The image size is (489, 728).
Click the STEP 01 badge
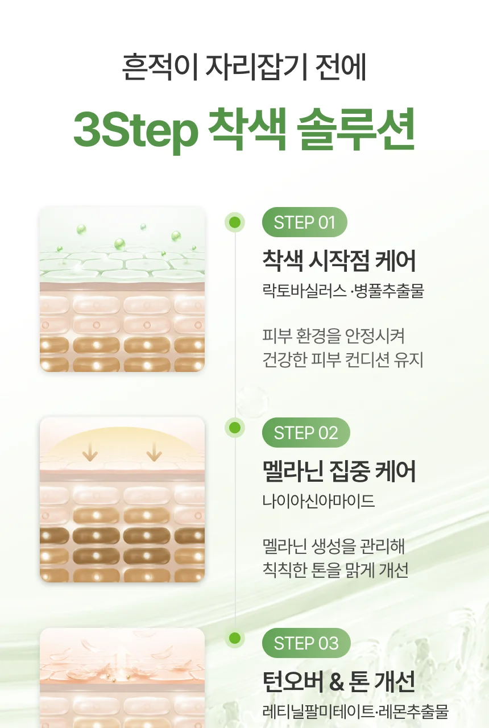(x=304, y=222)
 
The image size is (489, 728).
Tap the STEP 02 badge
(x=306, y=433)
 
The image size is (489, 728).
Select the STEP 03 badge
(x=306, y=643)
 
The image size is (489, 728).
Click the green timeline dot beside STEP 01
(x=235, y=222)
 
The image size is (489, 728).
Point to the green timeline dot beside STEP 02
(x=235, y=428)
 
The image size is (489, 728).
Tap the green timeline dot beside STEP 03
(x=235, y=638)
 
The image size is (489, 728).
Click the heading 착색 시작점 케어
(x=339, y=260)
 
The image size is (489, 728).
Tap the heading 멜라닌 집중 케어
(x=339, y=471)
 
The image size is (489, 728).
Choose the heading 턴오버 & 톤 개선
(x=339, y=681)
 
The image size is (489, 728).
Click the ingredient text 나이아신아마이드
(x=318, y=500)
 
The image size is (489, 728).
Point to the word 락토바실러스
(x=304, y=290)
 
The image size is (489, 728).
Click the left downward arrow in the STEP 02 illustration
(x=90, y=452)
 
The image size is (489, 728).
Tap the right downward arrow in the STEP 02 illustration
(x=154, y=452)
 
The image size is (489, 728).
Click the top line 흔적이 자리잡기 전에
(x=244, y=67)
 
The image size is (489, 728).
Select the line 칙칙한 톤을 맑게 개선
(x=335, y=570)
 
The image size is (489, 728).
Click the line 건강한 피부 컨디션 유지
(x=343, y=359)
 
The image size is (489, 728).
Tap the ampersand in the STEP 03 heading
(x=336, y=682)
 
